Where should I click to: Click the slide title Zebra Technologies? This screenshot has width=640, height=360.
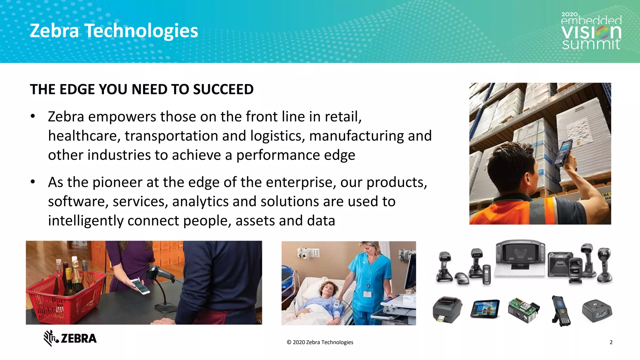click(x=114, y=31)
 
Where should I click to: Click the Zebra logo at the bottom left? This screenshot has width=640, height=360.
click(x=70, y=338)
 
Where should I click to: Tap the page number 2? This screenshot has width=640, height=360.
click(x=611, y=342)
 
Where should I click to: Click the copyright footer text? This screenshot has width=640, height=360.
click(x=320, y=342)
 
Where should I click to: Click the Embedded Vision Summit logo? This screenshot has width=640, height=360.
click(x=591, y=31)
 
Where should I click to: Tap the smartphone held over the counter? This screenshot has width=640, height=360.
click(x=140, y=286)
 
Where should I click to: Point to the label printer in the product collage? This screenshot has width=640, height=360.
click(x=447, y=309)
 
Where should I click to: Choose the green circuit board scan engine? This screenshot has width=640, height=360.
click(x=523, y=310)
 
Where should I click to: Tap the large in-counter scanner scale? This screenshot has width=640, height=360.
click(x=520, y=258)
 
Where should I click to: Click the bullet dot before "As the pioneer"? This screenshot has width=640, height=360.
click(x=33, y=182)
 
